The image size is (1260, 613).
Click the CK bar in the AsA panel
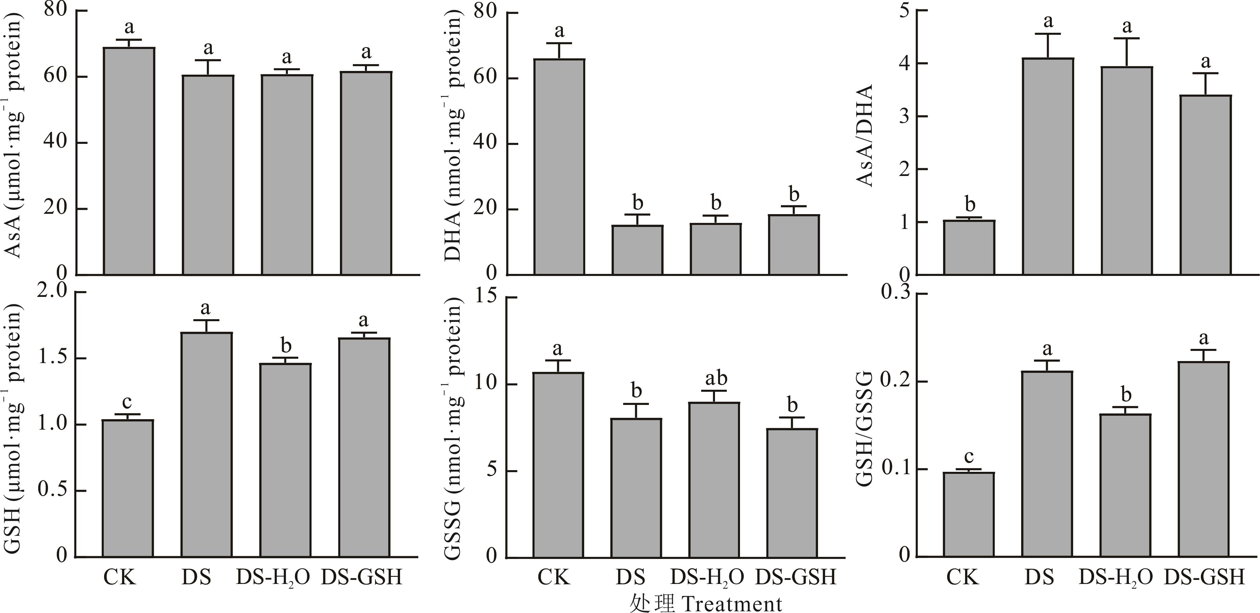pos(129,161)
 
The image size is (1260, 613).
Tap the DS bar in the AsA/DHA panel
pos(1048,166)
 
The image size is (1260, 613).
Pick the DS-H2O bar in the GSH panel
pos(286,460)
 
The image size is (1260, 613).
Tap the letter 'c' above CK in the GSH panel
pos(127,402)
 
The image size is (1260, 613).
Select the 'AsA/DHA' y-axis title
pos(865,136)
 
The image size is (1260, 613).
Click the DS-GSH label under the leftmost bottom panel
pos(362,577)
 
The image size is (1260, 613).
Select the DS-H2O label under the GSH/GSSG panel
pos(1116,577)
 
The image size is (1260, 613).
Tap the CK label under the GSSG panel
pos(554,577)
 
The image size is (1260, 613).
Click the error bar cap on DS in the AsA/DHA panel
pos(1048,34)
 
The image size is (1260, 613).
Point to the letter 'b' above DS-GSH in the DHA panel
pos(794,194)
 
